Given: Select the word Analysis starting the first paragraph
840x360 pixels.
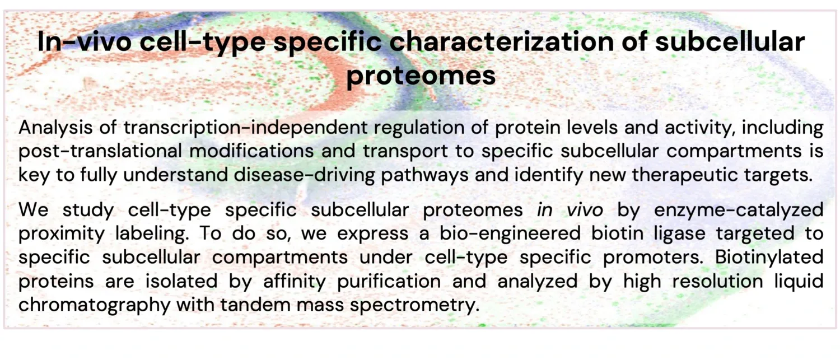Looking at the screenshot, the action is click(55, 128).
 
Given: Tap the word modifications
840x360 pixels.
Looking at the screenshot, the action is click(251, 151).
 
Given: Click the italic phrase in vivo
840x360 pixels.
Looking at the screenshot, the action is click(570, 209).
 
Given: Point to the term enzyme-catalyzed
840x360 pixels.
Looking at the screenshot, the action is click(739, 210).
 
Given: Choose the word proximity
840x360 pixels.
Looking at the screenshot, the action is click(62, 233).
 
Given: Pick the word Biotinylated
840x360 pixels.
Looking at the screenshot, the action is click(769, 257).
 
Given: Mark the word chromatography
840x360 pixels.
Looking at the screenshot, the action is click(95, 305).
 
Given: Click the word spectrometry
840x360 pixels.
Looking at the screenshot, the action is click(415, 305).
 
